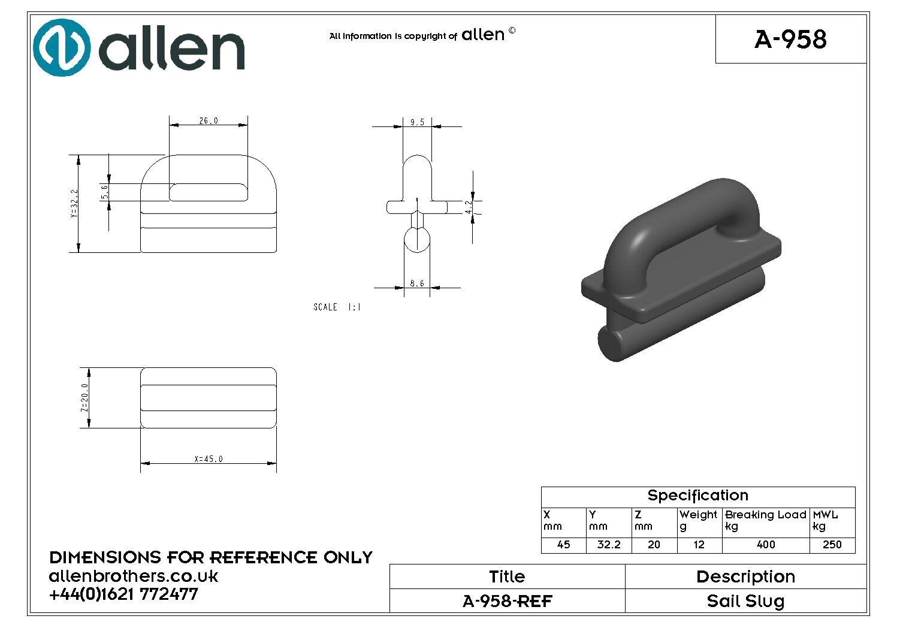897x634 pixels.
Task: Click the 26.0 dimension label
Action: pos(209,120)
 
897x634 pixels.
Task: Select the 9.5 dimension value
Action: pos(417,122)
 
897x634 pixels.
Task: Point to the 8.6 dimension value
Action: pos(417,283)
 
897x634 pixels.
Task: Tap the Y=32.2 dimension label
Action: pos(74,204)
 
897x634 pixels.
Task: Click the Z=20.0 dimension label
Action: pos(84,398)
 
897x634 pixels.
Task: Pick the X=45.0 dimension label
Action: pos(209,459)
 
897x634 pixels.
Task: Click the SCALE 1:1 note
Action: pos(337,307)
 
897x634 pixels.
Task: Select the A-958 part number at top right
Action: pos(790,39)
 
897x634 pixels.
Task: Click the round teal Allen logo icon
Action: pos(62,47)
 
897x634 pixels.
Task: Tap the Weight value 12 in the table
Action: pos(699,545)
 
